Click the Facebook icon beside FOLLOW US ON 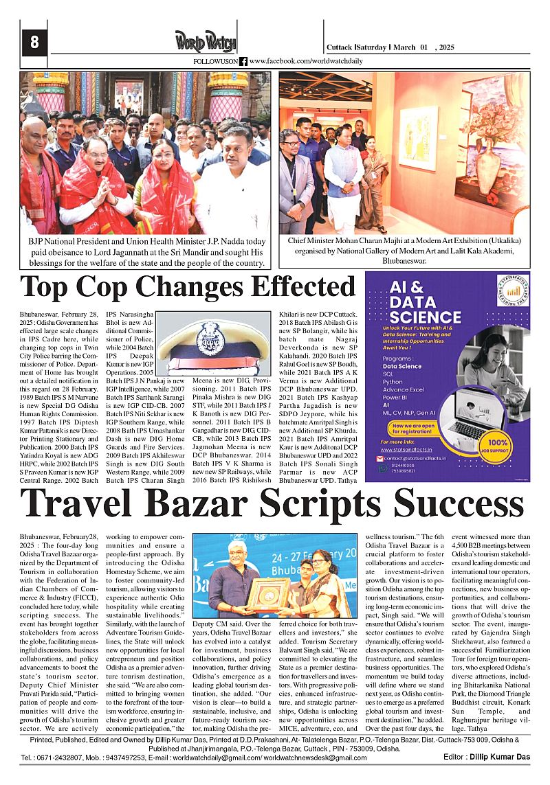pyautogui.click(x=243, y=61)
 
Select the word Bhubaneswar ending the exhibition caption pyautogui.click(x=404, y=261)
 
